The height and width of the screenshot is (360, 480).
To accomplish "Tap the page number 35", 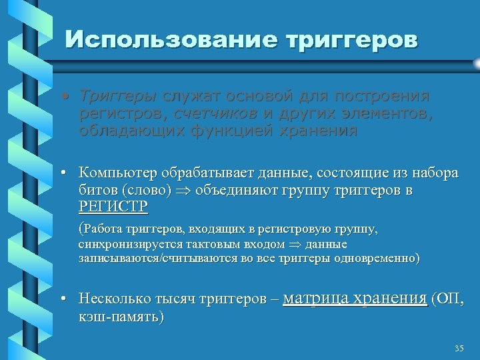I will (x=458, y=349).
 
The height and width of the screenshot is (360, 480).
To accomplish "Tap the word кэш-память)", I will (x=121, y=316).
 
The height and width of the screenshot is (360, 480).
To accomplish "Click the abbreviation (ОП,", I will (x=448, y=299).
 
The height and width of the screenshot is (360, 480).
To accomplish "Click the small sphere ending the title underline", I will (x=475, y=63).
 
